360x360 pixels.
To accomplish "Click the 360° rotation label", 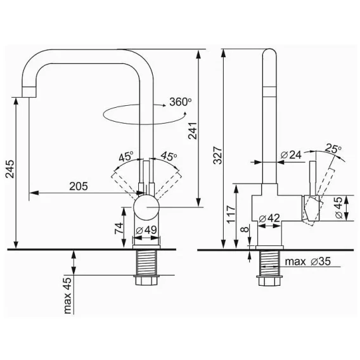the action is [x=181, y=102].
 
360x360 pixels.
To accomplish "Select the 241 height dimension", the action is [x=193, y=131].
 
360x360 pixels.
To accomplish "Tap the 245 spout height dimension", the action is [x=10, y=169].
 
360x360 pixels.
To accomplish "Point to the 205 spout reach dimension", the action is [x=79, y=186].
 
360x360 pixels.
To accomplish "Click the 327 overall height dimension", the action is [x=218, y=155].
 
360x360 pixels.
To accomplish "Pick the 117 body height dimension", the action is [x=231, y=214].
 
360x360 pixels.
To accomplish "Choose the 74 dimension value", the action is [x=119, y=228].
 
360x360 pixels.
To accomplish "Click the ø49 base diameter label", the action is [x=146, y=230].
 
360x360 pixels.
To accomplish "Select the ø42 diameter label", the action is [x=269, y=218].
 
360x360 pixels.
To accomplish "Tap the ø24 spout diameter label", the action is [x=291, y=155].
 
